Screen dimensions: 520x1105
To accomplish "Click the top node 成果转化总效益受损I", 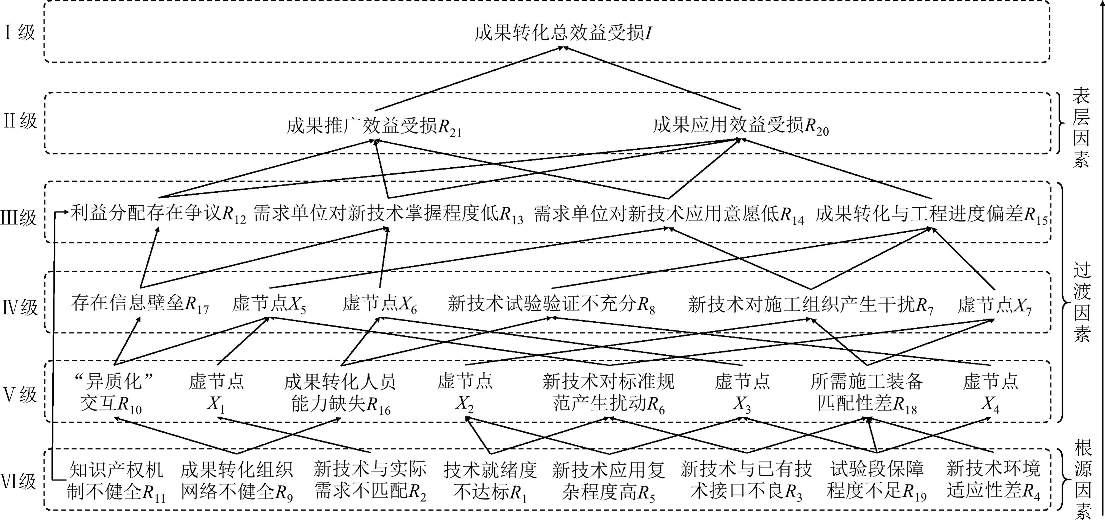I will tap(563, 33).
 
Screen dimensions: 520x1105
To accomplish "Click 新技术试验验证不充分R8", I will tap(551, 304).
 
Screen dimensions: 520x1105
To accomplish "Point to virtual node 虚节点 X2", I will tap(465, 393).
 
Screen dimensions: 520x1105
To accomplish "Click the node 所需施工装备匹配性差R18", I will tap(867, 393).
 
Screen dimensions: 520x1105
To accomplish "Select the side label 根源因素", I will tap(1082, 480).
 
